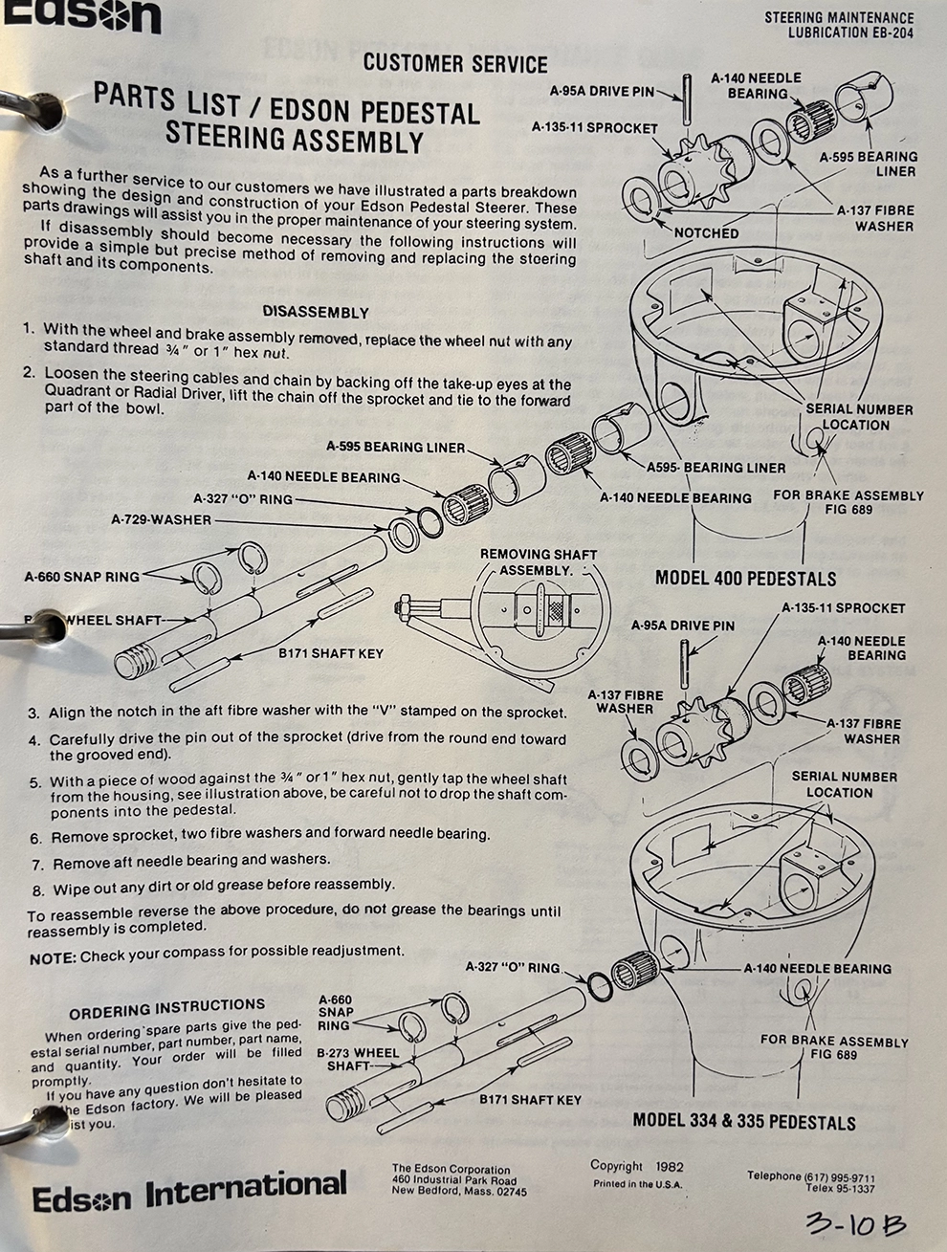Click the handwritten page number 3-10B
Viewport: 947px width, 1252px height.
click(855, 1225)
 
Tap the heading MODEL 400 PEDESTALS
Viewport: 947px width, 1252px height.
click(745, 579)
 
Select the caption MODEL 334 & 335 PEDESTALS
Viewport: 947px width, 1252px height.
click(744, 1121)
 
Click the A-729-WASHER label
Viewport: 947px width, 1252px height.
click(161, 519)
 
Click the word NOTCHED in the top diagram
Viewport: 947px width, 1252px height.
click(706, 232)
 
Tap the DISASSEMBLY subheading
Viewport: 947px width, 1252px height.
click(315, 312)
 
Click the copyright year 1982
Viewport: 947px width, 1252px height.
click(668, 1166)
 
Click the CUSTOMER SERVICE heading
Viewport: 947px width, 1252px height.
click(455, 64)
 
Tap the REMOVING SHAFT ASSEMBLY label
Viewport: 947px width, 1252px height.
click(538, 561)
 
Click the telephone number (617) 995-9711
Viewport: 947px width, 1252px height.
click(842, 1177)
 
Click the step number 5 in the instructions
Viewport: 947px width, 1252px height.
click(34, 781)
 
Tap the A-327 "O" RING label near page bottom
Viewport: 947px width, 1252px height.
click(512, 967)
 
